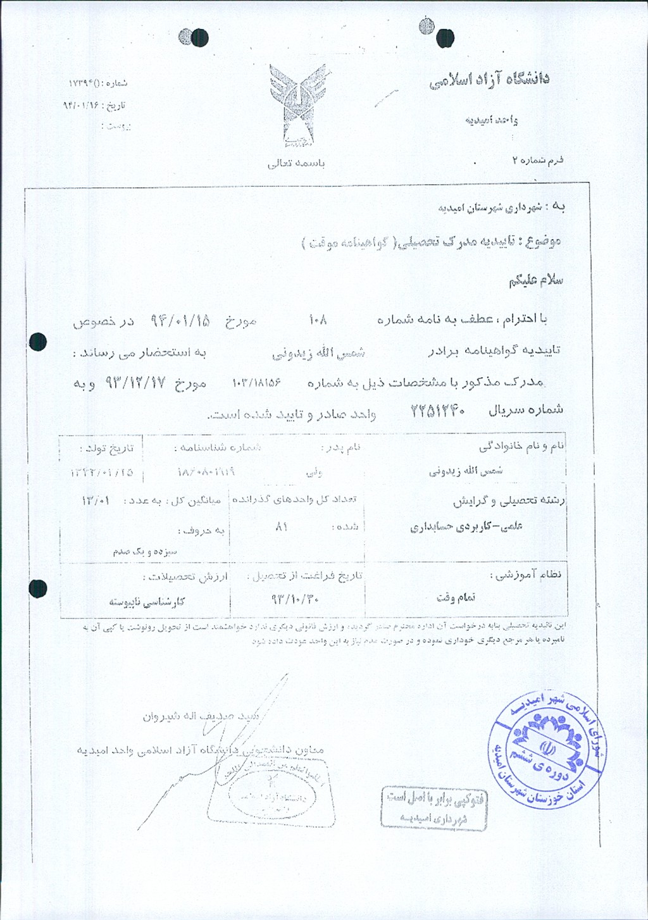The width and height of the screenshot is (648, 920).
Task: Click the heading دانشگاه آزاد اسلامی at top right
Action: point(489,80)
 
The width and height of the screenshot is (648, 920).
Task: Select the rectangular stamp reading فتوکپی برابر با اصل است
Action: point(434,807)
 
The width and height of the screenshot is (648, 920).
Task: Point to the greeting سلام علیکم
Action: point(535,280)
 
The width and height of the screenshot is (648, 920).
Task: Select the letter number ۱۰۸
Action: point(318,320)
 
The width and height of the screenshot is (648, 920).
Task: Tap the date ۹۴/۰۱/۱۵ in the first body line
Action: point(180,320)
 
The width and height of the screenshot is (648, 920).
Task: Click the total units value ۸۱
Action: point(282,526)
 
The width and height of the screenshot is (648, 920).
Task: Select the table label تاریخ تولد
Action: point(107,449)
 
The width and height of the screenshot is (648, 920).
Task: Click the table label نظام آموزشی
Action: point(526,575)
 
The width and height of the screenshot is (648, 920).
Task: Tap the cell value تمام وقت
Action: point(456,597)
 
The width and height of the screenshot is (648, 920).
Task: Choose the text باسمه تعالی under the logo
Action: point(296,163)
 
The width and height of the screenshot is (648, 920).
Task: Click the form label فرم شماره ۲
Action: point(537,160)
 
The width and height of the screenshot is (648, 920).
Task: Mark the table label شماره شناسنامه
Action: point(218,448)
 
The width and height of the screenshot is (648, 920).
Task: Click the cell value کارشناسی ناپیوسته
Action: point(147,602)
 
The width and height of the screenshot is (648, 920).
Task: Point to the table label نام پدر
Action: point(341,448)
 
